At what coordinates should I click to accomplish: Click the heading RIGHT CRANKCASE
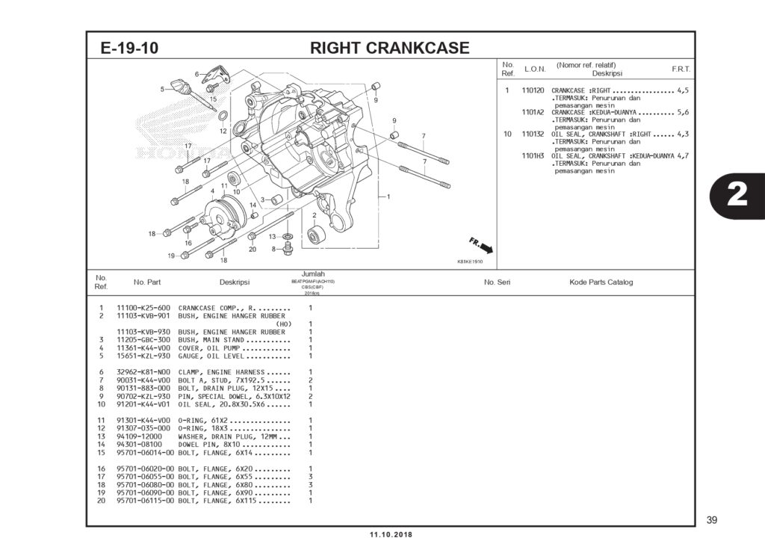(389, 49)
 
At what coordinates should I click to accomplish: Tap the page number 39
(711, 520)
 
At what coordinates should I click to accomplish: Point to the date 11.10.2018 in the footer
(391, 534)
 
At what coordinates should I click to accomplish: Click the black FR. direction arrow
(486, 248)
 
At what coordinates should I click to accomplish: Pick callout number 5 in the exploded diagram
(162, 90)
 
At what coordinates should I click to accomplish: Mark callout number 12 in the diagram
(223, 131)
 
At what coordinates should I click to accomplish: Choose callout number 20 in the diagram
(253, 249)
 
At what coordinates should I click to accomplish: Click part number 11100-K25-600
(143, 308)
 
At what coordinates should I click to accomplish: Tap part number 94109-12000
(140, 436)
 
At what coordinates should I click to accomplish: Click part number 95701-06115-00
(146, 501)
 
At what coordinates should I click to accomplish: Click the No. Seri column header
(497, 282)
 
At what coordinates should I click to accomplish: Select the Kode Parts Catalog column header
(601, 282)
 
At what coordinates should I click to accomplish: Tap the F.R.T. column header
(681, 69)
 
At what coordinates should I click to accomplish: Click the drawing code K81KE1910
(470, 262)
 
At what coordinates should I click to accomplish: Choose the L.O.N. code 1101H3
(533, 156)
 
